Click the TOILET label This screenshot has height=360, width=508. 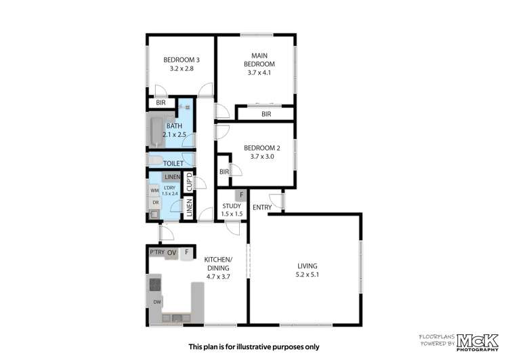(174, 163)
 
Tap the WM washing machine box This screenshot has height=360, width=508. (154, 191)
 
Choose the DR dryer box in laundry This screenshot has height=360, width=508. (154, 203)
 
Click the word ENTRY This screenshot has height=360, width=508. (262, 207)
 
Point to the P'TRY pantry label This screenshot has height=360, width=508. (158, 253)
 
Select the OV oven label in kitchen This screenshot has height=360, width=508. (172, 253)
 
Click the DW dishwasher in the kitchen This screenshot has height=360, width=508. (156, 302)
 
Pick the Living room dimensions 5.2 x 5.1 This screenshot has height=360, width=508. (307, 275)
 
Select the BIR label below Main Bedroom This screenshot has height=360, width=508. (266, 115)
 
